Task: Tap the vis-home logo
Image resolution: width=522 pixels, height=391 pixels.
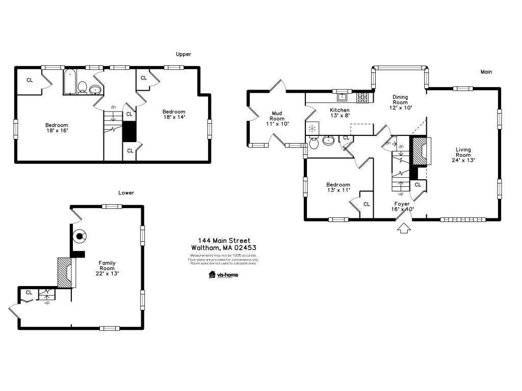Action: tap(223, 275)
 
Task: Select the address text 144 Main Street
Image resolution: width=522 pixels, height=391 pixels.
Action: tap(224, 241)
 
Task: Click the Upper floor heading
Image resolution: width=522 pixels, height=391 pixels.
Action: tap(184, 54)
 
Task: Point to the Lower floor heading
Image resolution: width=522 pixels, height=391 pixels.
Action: tap(126, 193)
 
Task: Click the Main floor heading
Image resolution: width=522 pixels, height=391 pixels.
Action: tap(486, 72)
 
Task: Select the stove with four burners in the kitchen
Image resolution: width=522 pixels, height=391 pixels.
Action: tap(363, 97)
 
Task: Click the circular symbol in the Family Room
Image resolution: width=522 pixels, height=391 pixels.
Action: tap(80, 235)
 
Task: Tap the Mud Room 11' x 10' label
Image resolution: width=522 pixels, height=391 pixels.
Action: tap(277, 118)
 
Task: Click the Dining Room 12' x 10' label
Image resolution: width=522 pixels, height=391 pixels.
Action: tap(400, 102)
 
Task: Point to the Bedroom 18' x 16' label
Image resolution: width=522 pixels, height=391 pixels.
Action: tap(57, 128)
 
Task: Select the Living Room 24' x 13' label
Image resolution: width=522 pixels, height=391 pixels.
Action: tap(463, 155)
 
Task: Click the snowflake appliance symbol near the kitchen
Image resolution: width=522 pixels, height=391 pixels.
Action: tap(312, 128)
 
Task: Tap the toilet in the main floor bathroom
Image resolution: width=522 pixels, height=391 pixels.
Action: tap(315, 143)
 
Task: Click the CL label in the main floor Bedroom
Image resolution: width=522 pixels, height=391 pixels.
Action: tap(367, 204)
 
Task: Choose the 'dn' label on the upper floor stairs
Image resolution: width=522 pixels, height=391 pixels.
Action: tap(113, 107)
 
